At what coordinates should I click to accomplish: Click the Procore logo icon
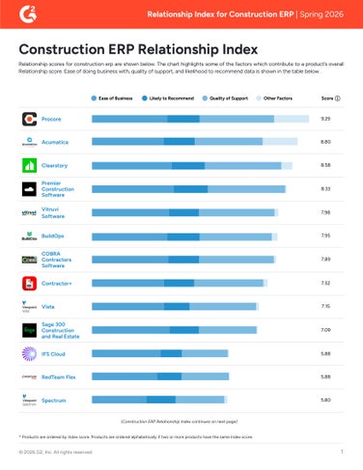tap(30, 119)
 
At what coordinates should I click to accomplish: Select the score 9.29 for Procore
tap(325, 119)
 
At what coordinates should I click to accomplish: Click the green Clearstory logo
tap(30, 165)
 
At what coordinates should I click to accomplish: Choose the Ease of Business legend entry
tap(113, 98)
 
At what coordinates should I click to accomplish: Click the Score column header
tap(327, 98)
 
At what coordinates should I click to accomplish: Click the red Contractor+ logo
tap(30, 283)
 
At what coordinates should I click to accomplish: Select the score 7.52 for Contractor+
tap(325, 283)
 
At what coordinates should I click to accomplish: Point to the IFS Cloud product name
tap(58, 353)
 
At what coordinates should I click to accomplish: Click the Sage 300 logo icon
tap(30, 330)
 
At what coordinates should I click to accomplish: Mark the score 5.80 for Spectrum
tap(325, 400)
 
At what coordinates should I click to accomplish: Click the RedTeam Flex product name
tap(63, 376)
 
